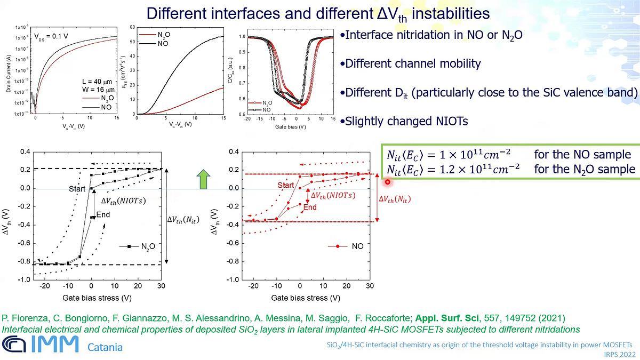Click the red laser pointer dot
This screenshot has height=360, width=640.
point(388,182)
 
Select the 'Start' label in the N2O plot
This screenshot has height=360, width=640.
point(77,189)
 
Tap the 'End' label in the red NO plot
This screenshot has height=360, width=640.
point(310,207)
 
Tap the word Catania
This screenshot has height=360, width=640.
point(105,347)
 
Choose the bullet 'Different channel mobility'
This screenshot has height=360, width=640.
point(410,63)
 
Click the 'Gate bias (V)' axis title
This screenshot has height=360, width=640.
point(291,127)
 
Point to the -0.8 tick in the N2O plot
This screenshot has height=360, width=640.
point(24,261)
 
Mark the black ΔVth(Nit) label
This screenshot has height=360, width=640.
point(183,219)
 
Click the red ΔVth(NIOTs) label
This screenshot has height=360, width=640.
point(333,195)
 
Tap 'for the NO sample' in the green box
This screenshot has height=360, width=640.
point(582,154)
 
